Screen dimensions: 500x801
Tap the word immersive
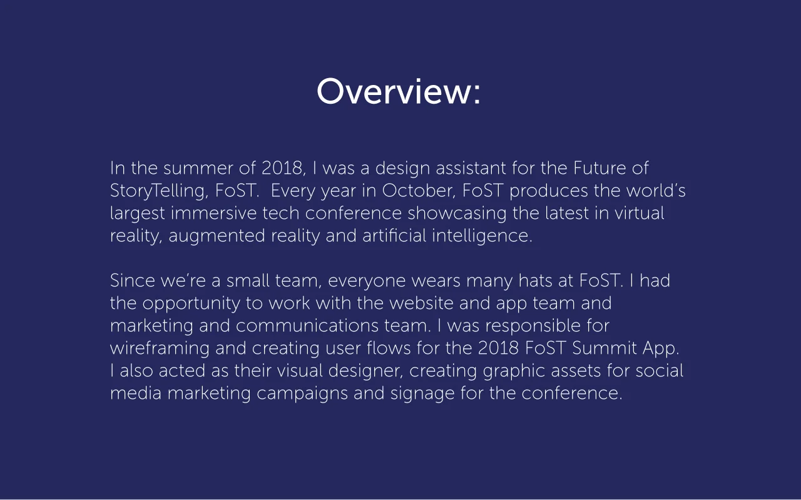pyautogui.click(x=214, y=214)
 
